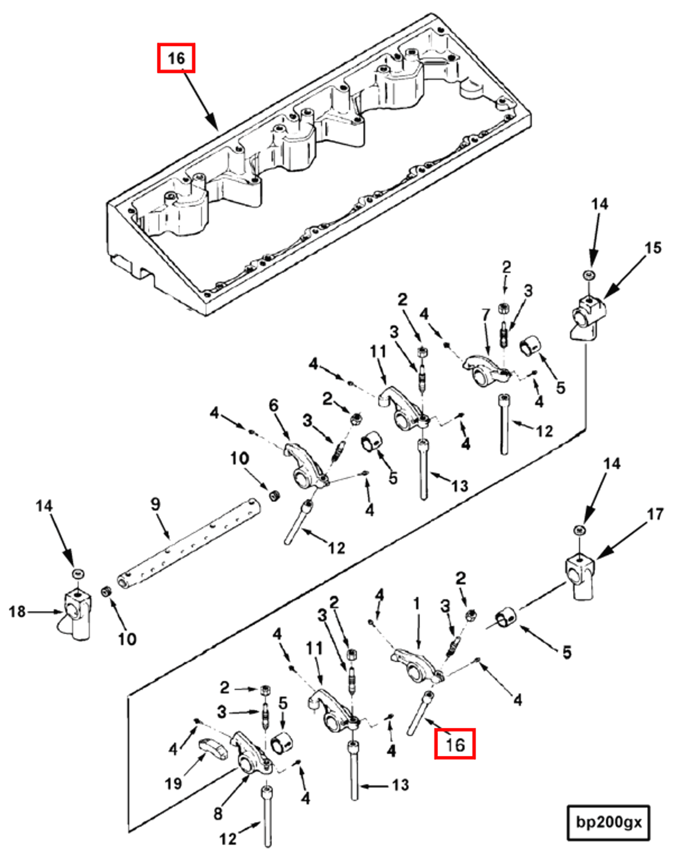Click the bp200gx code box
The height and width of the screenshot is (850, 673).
click(608, 822)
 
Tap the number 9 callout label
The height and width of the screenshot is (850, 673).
click(155, 504)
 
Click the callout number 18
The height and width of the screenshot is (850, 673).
click(17, 612)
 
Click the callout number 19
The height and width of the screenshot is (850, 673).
click(173, 784)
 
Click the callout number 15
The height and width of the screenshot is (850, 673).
click(653, 248)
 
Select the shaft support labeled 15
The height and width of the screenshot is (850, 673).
click(587, 316)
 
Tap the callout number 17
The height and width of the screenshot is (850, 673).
click(655, 514)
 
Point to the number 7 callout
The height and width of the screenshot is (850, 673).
click(486, 314)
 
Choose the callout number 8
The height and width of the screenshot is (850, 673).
click(218, 814)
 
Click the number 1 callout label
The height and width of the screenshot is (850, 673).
click(417, 603)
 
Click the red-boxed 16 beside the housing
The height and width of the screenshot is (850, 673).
click(176, 58)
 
